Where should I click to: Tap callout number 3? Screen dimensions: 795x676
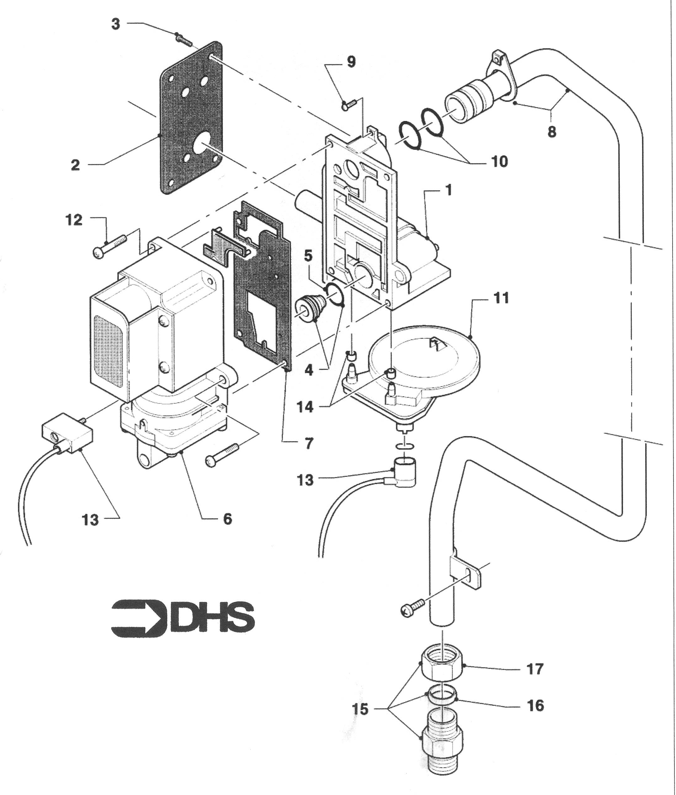pyautogui.click(x=116, y=24)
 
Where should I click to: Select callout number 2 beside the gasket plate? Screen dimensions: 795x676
pyautogui.click(x=76, y=165)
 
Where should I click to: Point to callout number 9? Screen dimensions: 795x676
pyautogui.click(x=351, y=62)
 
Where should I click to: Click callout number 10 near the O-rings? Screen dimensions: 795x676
pyautogui.click(x=499, y=162)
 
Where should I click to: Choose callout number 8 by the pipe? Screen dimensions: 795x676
pyautogui.click(x=551, y=132)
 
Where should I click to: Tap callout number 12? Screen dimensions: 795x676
pyautogui.click(x=74, y=220)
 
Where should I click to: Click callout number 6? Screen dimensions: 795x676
pyautogui.click(x=228, y=519)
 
